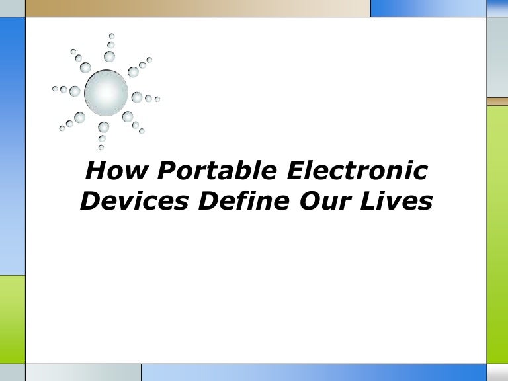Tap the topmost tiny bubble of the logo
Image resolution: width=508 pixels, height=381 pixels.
pos(112,36)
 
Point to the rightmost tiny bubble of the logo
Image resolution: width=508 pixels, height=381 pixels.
pos(157,100)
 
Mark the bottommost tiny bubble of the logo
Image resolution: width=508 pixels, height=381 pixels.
pos(101,146)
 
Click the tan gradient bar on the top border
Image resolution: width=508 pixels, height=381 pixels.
pos(198,8)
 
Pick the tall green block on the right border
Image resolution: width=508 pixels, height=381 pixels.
pos(497,232)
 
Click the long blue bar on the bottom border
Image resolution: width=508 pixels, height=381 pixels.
pos(314,372)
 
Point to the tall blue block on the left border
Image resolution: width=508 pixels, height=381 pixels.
pos(12,146)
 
